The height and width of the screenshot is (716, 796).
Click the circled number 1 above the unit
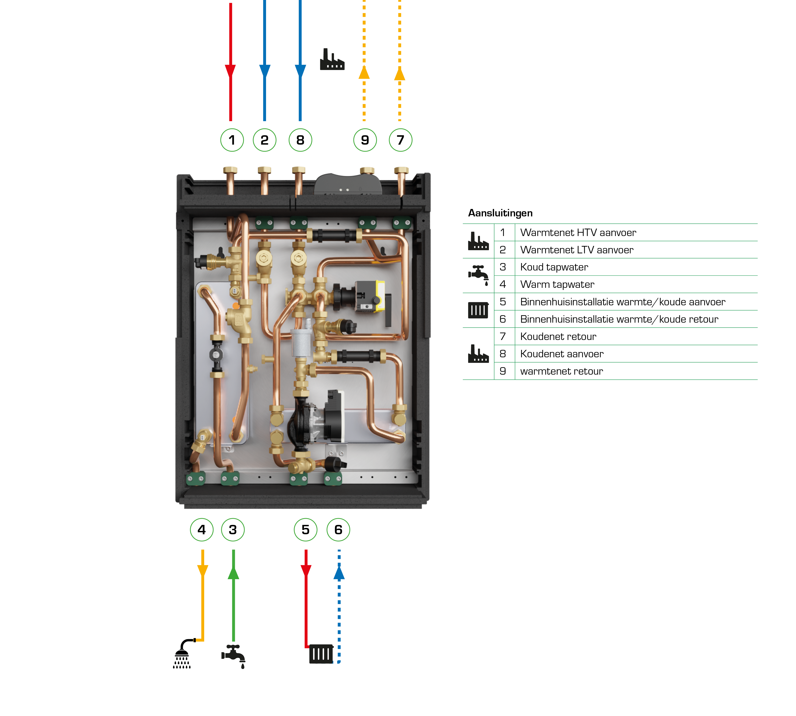point(232,140)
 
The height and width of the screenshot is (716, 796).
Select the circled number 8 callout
point(300,140)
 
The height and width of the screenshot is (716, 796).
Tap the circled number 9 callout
point(365,140)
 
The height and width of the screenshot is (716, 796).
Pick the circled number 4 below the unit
point(201,529)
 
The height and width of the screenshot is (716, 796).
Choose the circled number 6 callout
point(338,529)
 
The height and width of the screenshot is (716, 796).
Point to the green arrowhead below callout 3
point(233,572)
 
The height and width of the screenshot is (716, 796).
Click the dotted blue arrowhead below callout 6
point(339,572)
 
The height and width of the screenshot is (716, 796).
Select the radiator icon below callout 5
point(321,654)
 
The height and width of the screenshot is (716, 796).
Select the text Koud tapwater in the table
point(554,267)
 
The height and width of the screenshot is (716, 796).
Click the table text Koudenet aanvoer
point(561,354)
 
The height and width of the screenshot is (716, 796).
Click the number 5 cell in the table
point(503,302)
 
